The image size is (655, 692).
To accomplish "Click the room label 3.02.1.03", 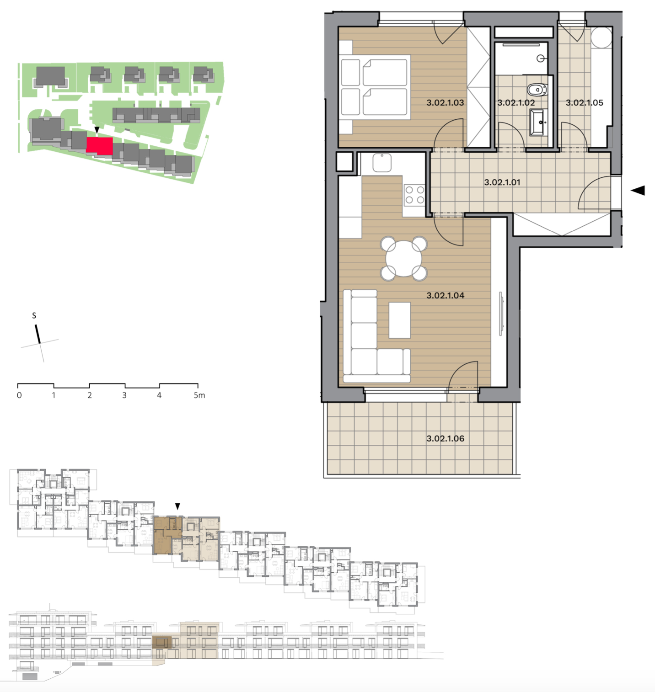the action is pyautogui.click(x=445, y=103).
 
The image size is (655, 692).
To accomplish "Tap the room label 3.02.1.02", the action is pyautogui.click(x=516, y=103).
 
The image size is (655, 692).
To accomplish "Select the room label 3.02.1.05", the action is pyautogui.click(x=584, y=103).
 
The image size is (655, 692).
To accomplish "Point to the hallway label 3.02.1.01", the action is pyautogui.click(x=502, y=182).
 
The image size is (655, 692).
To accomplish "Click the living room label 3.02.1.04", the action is pyautogui.click(x=445, y=296).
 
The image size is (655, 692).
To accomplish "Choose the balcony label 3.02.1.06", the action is pyautogui.click(x=445, y=439).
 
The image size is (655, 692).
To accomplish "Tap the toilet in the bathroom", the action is pyautogui.click(x=537, y=89).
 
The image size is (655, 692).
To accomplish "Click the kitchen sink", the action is pyautogui.click(x=382, y=163).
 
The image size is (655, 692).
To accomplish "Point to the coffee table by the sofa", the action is pyautogui.click(x=400, y=320).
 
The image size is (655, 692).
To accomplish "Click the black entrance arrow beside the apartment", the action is pyautogui.click(x=638, y=191).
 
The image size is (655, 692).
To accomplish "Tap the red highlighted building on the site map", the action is pyautogui.click(x=100, y=146).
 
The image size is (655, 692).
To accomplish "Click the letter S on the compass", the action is pyautogui.click(x=34, y=316).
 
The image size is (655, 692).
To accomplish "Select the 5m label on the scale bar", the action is pyautogui.click(x=199, y=395).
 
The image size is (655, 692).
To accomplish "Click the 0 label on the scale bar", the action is pyautogui.click(x=19, y=395).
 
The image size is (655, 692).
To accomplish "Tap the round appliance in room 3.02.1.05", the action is pyautogui.click(x=601, y=37).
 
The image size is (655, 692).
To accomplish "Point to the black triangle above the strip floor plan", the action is pyautogui.click(x=177, y=506).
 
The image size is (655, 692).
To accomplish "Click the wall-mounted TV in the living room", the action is pyautogui.click(x=502, y=314).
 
